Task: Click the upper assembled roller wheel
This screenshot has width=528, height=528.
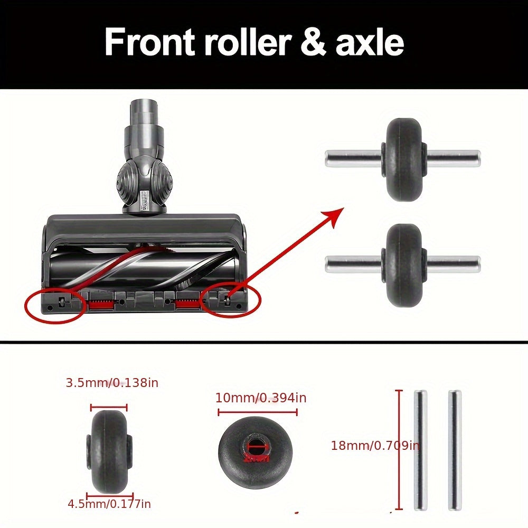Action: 403,159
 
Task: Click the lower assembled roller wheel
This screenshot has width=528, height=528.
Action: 403,266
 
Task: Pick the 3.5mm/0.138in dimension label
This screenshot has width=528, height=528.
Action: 112,383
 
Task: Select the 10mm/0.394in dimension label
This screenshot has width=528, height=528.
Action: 261,398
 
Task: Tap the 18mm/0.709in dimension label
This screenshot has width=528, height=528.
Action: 375,445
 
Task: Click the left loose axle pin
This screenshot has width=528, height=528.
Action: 420,450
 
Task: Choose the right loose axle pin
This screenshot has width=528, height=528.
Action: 455,450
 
